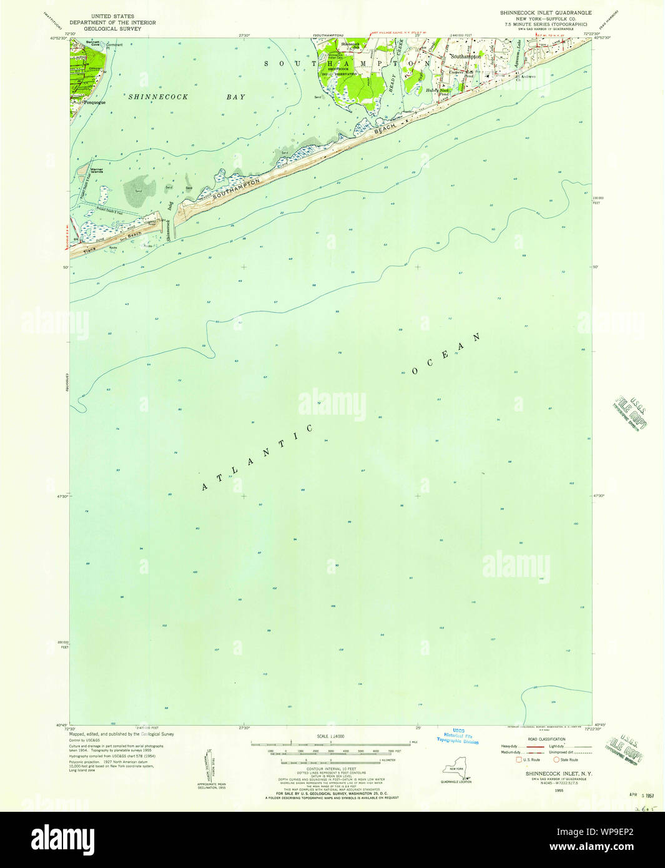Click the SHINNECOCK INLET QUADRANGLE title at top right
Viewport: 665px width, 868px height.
click(545, 12)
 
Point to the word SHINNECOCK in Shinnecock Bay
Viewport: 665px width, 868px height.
click(158, 97)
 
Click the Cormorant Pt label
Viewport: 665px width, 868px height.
click(115, 45)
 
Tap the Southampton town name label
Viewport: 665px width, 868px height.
click(466, 57)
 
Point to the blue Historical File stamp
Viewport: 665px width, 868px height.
click(458, 737)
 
